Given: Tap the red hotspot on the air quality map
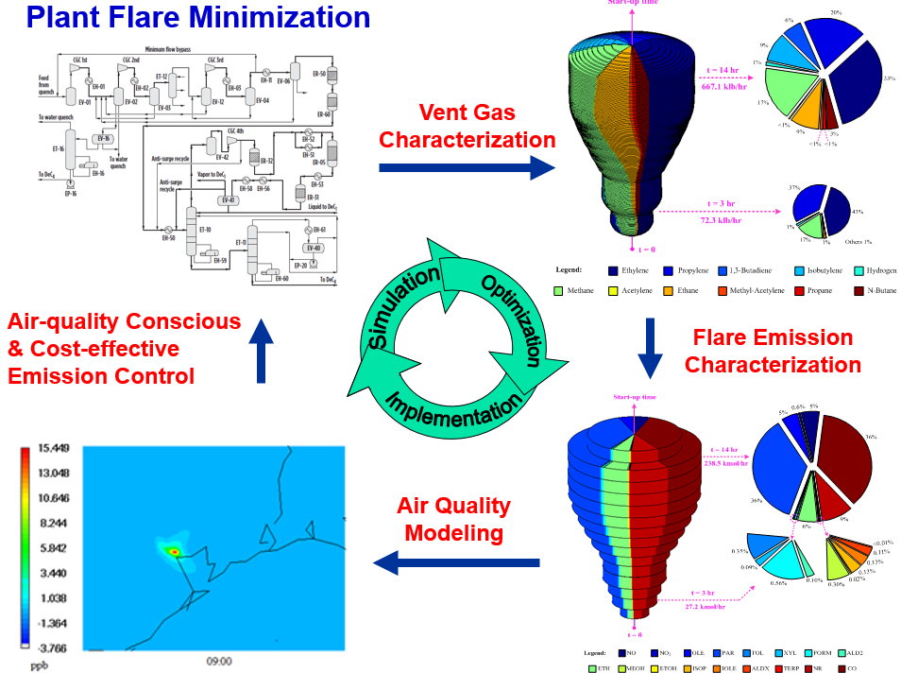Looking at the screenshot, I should click(174, 550).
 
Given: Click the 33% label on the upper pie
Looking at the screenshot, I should click(889, 78).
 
